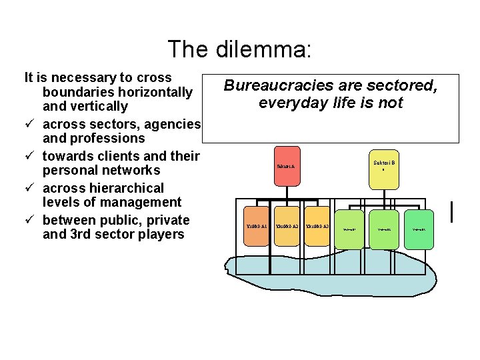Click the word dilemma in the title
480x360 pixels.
pyautogui.click(x=263, y=49)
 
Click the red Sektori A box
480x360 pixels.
pyautogui.click(x=286, y=166)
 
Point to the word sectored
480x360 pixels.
pyautogui.click(x=403, y=85)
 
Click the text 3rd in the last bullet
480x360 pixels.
pyautogui.click(x=80, y=234)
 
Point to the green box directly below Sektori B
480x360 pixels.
pyautogui.click(x=385, y=229)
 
